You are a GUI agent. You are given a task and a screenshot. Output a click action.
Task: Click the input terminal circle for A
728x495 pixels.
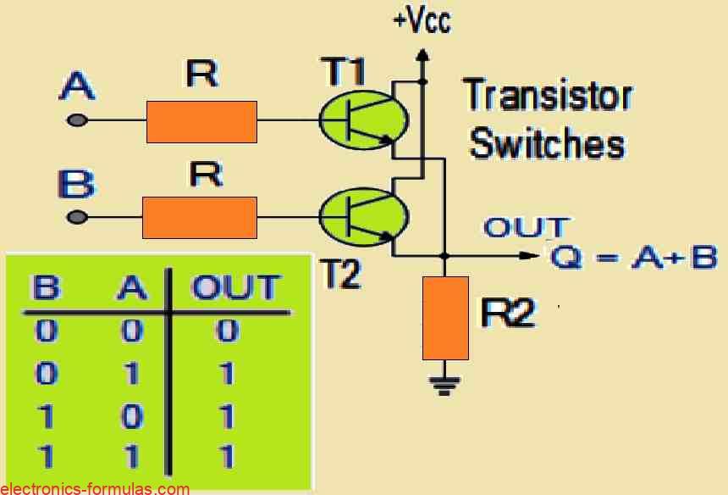pos(77,121)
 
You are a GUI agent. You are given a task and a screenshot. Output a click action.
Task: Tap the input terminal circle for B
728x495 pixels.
pos(77,217)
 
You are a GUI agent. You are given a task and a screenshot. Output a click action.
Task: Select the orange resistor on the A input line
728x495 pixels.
pos(201,121)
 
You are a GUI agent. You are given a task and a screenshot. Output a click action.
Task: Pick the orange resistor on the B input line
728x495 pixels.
pos(200,217)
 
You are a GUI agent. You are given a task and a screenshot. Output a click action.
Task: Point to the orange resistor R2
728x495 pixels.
pos(446,318)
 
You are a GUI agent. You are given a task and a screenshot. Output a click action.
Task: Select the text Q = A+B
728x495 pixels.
pos(634,256)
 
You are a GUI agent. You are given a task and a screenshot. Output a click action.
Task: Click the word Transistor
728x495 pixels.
pos(548,96)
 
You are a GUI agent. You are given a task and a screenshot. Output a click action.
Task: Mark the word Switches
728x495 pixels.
pos(548,143)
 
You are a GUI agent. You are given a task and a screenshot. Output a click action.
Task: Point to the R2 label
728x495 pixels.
pos(508,314)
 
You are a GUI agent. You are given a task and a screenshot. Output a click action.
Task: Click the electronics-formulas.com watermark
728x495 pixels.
pos(95,488)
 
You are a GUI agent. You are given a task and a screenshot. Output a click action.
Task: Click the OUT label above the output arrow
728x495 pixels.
pos(526,227)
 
